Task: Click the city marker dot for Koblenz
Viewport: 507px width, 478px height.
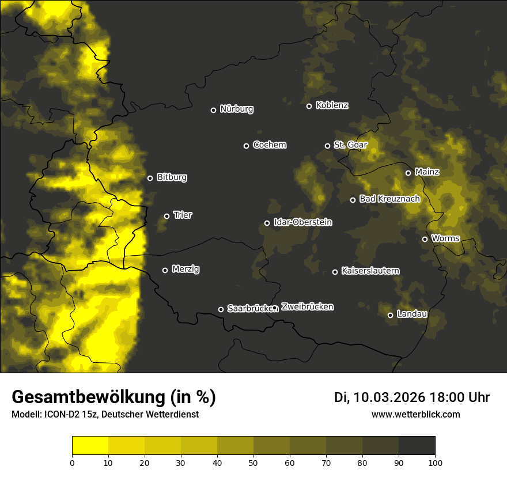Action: point(309,106)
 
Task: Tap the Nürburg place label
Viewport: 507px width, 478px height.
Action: point(236,109)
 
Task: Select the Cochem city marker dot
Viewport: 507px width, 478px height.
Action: point(246,146)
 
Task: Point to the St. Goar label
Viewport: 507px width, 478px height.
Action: point(350,145)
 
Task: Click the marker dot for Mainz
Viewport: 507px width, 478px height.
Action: point(408,173)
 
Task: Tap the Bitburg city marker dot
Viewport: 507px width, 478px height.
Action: point(150,178)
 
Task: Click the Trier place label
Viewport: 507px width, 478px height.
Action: point(183,215)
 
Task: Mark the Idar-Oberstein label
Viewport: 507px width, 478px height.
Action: point(302,222)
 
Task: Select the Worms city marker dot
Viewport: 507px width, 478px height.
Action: point(425,239)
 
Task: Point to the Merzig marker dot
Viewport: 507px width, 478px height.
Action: point(165,270)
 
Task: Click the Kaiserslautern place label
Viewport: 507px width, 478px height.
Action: point(370,271)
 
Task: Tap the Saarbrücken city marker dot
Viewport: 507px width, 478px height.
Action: point(221,309)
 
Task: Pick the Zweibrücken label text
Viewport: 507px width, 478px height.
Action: point(307,307)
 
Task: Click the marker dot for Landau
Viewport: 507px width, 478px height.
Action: point(390,315)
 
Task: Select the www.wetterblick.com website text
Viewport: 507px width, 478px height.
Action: point(415,414)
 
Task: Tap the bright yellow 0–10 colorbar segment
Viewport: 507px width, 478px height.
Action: point(90,445)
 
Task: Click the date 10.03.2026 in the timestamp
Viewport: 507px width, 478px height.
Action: point(389,397)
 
